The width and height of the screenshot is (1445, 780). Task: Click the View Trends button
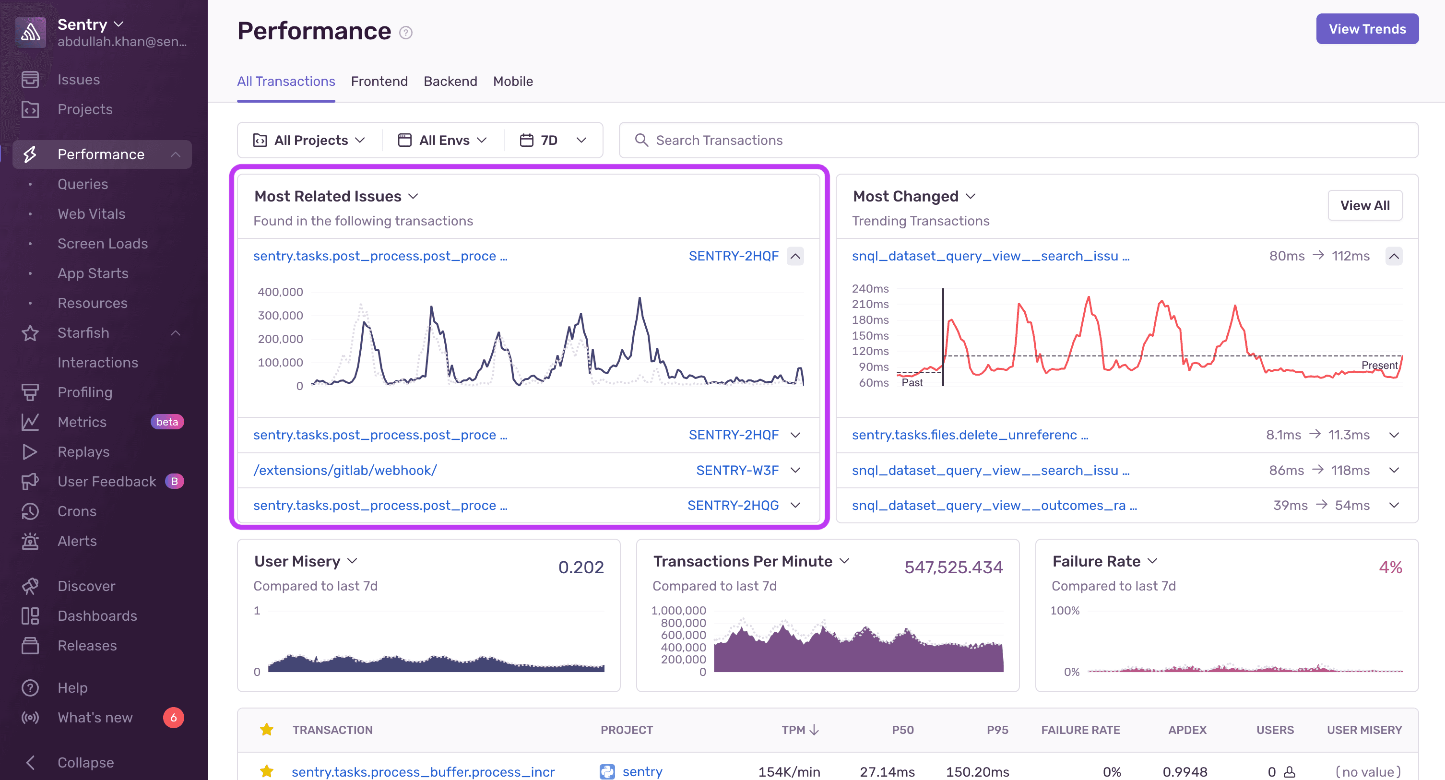pyautogui.click(x=1366, y=29)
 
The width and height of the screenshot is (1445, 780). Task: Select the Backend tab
pyautogui.click(x=450, y=81)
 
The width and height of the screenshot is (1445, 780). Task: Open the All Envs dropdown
pyautogui.click(x=443, y=140)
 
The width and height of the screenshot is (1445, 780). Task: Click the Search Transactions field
pyautogui.click(x=1018, y=140)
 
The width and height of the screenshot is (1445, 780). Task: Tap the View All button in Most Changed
pyautogui.click(x=1364, y=206)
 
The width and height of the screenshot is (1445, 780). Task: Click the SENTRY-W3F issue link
pyautogui.click(x=736, y=471)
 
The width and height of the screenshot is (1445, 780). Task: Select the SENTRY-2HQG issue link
pyautogui.click(x=733, y=505)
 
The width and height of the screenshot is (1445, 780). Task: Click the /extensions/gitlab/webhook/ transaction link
pyautogui.click(x=345, y=471)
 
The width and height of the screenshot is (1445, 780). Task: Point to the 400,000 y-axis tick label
pyautogui.click(x=280, y=292)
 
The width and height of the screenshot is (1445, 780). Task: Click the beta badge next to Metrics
pyautogui.click(x=167, y=422)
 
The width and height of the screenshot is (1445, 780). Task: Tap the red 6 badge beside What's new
pyautogui.click(x=173, y=717)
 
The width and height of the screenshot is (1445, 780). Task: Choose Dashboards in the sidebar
pyautogui.click(x=97, y=615)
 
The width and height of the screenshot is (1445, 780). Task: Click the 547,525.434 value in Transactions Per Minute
pyautogui.click(x=953, y=567)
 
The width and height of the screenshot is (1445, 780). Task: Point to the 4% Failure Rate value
pyautogui.click(x=1390, y=567)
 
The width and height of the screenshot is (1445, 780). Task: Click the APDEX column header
pyautogui.click(x=1187, y=730)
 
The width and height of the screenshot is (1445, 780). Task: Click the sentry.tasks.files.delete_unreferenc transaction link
pyautogui.click(x=969, y=435)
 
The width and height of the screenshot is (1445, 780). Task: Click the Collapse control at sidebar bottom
pyautogui.click(x=85, y=762)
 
